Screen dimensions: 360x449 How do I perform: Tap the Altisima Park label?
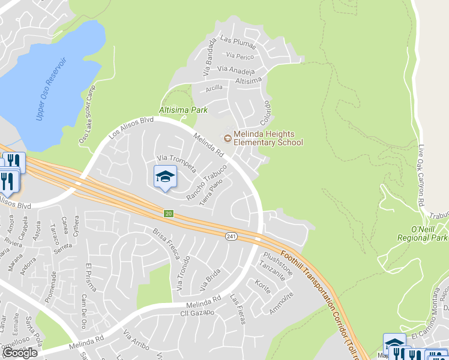point(183,110)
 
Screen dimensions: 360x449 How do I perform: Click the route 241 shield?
point(231,237)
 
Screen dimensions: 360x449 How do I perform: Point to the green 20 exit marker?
point(169,214)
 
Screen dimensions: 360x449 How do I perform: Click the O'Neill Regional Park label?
point(422,233)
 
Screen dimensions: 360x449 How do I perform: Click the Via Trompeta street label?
point(176,164)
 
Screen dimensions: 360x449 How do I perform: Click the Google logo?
point(20,353)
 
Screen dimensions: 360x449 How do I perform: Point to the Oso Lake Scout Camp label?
point(88,114)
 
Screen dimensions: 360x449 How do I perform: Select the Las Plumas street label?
point(238,41)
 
